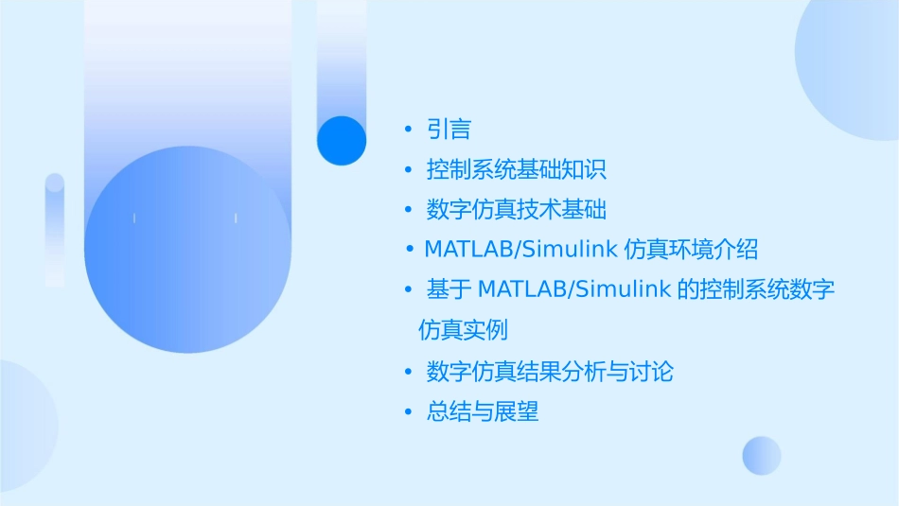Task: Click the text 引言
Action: click(449, 130)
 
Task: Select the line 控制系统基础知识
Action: click(516, 170)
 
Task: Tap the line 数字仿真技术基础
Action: click(516, 210)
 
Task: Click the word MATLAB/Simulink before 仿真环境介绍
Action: click(521, 250)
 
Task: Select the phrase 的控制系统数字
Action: click(757, 289)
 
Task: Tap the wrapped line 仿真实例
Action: click(463, 330)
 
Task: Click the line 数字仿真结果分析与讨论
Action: click(550, 372)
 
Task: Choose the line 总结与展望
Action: click(483, 412)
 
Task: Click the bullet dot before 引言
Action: click(408, 130)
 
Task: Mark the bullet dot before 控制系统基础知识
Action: click(408, 170)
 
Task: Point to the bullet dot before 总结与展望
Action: click(408, 412)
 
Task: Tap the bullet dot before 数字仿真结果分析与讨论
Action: click(408, 372)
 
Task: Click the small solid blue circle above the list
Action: click(342, 141)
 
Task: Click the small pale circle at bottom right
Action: click(762, 455)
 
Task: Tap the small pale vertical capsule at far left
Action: click(55, 230)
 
